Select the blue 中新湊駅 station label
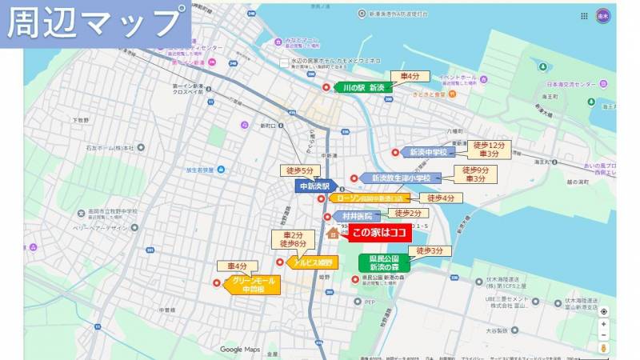(314, 186)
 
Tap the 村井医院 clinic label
(354, 216)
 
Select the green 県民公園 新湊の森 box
(384, 263)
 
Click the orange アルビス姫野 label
(313, 262)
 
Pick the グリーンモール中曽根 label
(254, 286)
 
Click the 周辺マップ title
(94, 24)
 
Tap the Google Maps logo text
(241, 350)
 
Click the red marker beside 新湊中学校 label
(395, 152)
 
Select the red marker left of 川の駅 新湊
(326, 87)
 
